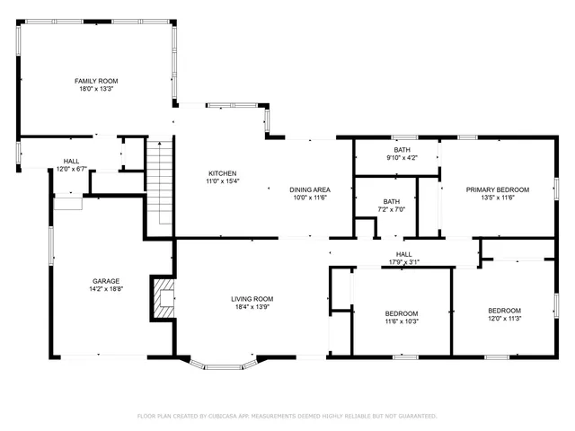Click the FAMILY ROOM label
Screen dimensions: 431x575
click(96, 81)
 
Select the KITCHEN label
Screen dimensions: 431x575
click(222, 172)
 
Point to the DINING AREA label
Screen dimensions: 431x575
click(309, 189)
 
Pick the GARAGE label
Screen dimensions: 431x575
click(106, 280)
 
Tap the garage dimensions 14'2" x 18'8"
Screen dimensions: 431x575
click(106, 289)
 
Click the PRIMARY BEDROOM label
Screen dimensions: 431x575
click(497, 189)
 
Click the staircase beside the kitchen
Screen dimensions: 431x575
click(159, 184)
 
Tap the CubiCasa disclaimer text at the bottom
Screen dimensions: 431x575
click(287, 416)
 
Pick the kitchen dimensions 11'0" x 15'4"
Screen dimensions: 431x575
click(222, 181)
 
